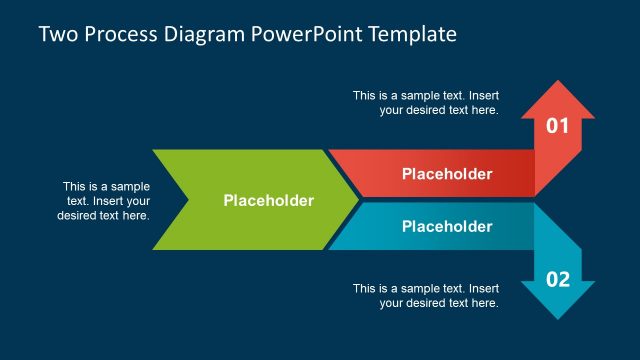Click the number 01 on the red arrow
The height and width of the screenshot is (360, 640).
(x=557, y=126)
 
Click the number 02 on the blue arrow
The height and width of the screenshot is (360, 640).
(x=557, y=279)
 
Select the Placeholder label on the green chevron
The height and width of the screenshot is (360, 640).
(x=268, y=201)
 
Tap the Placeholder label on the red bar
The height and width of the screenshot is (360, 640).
(x=447, y=174)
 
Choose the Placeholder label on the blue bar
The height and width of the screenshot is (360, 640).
(x=447, y=226)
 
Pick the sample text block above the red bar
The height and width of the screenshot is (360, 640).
(x=425, y=103)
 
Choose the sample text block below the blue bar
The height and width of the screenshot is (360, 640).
(x=425, y=296)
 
